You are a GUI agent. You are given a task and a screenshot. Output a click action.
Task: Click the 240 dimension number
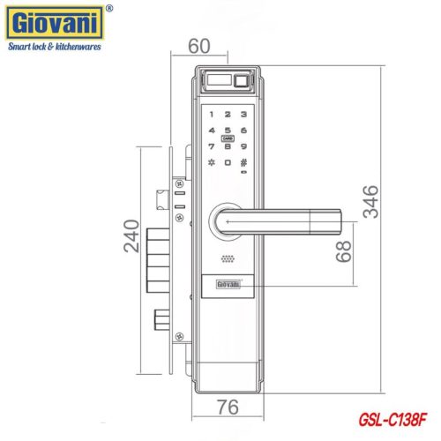point(131,235)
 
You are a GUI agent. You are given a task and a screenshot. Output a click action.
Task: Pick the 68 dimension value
point(344,253)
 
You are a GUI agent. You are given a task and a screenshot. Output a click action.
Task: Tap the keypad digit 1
point(212,114)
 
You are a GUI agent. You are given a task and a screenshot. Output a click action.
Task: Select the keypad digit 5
point(228,130)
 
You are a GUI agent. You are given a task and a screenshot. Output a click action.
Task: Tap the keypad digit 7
point(212,146)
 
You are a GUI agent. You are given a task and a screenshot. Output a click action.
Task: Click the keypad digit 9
point(243,146)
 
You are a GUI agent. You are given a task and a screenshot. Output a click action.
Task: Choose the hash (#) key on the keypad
point(243,162)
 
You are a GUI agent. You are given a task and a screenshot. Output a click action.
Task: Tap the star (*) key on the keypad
point(212,162)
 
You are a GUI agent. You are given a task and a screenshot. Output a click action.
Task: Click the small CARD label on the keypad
point(228,138)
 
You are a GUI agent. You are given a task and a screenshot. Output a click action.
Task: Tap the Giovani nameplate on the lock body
point(228,285)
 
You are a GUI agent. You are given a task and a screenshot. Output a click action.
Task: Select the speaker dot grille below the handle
point(228,261)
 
